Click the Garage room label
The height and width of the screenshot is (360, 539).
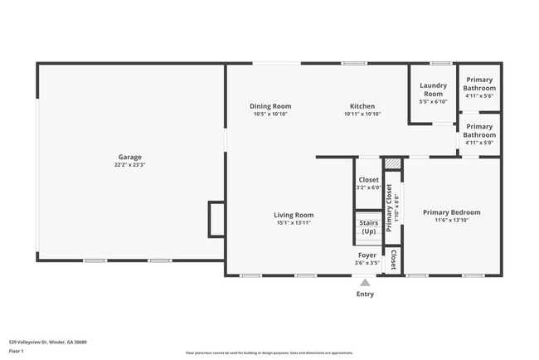129,157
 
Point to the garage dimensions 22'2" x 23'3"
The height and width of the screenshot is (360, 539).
129,165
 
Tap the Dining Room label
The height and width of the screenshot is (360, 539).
271,106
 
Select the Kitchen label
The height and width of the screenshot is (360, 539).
362,106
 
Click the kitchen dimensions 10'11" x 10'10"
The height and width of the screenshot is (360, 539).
362,114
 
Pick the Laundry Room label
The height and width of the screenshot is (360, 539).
434,89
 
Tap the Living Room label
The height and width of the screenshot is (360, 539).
294,215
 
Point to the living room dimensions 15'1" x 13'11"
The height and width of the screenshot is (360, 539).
294,223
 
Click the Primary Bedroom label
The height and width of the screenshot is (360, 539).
451,212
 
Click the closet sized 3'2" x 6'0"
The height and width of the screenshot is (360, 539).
368,183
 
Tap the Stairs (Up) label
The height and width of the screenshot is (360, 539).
368,226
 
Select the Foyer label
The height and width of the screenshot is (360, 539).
367,255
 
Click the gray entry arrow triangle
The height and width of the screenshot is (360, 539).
365,283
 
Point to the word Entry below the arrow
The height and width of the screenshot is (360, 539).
365,294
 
